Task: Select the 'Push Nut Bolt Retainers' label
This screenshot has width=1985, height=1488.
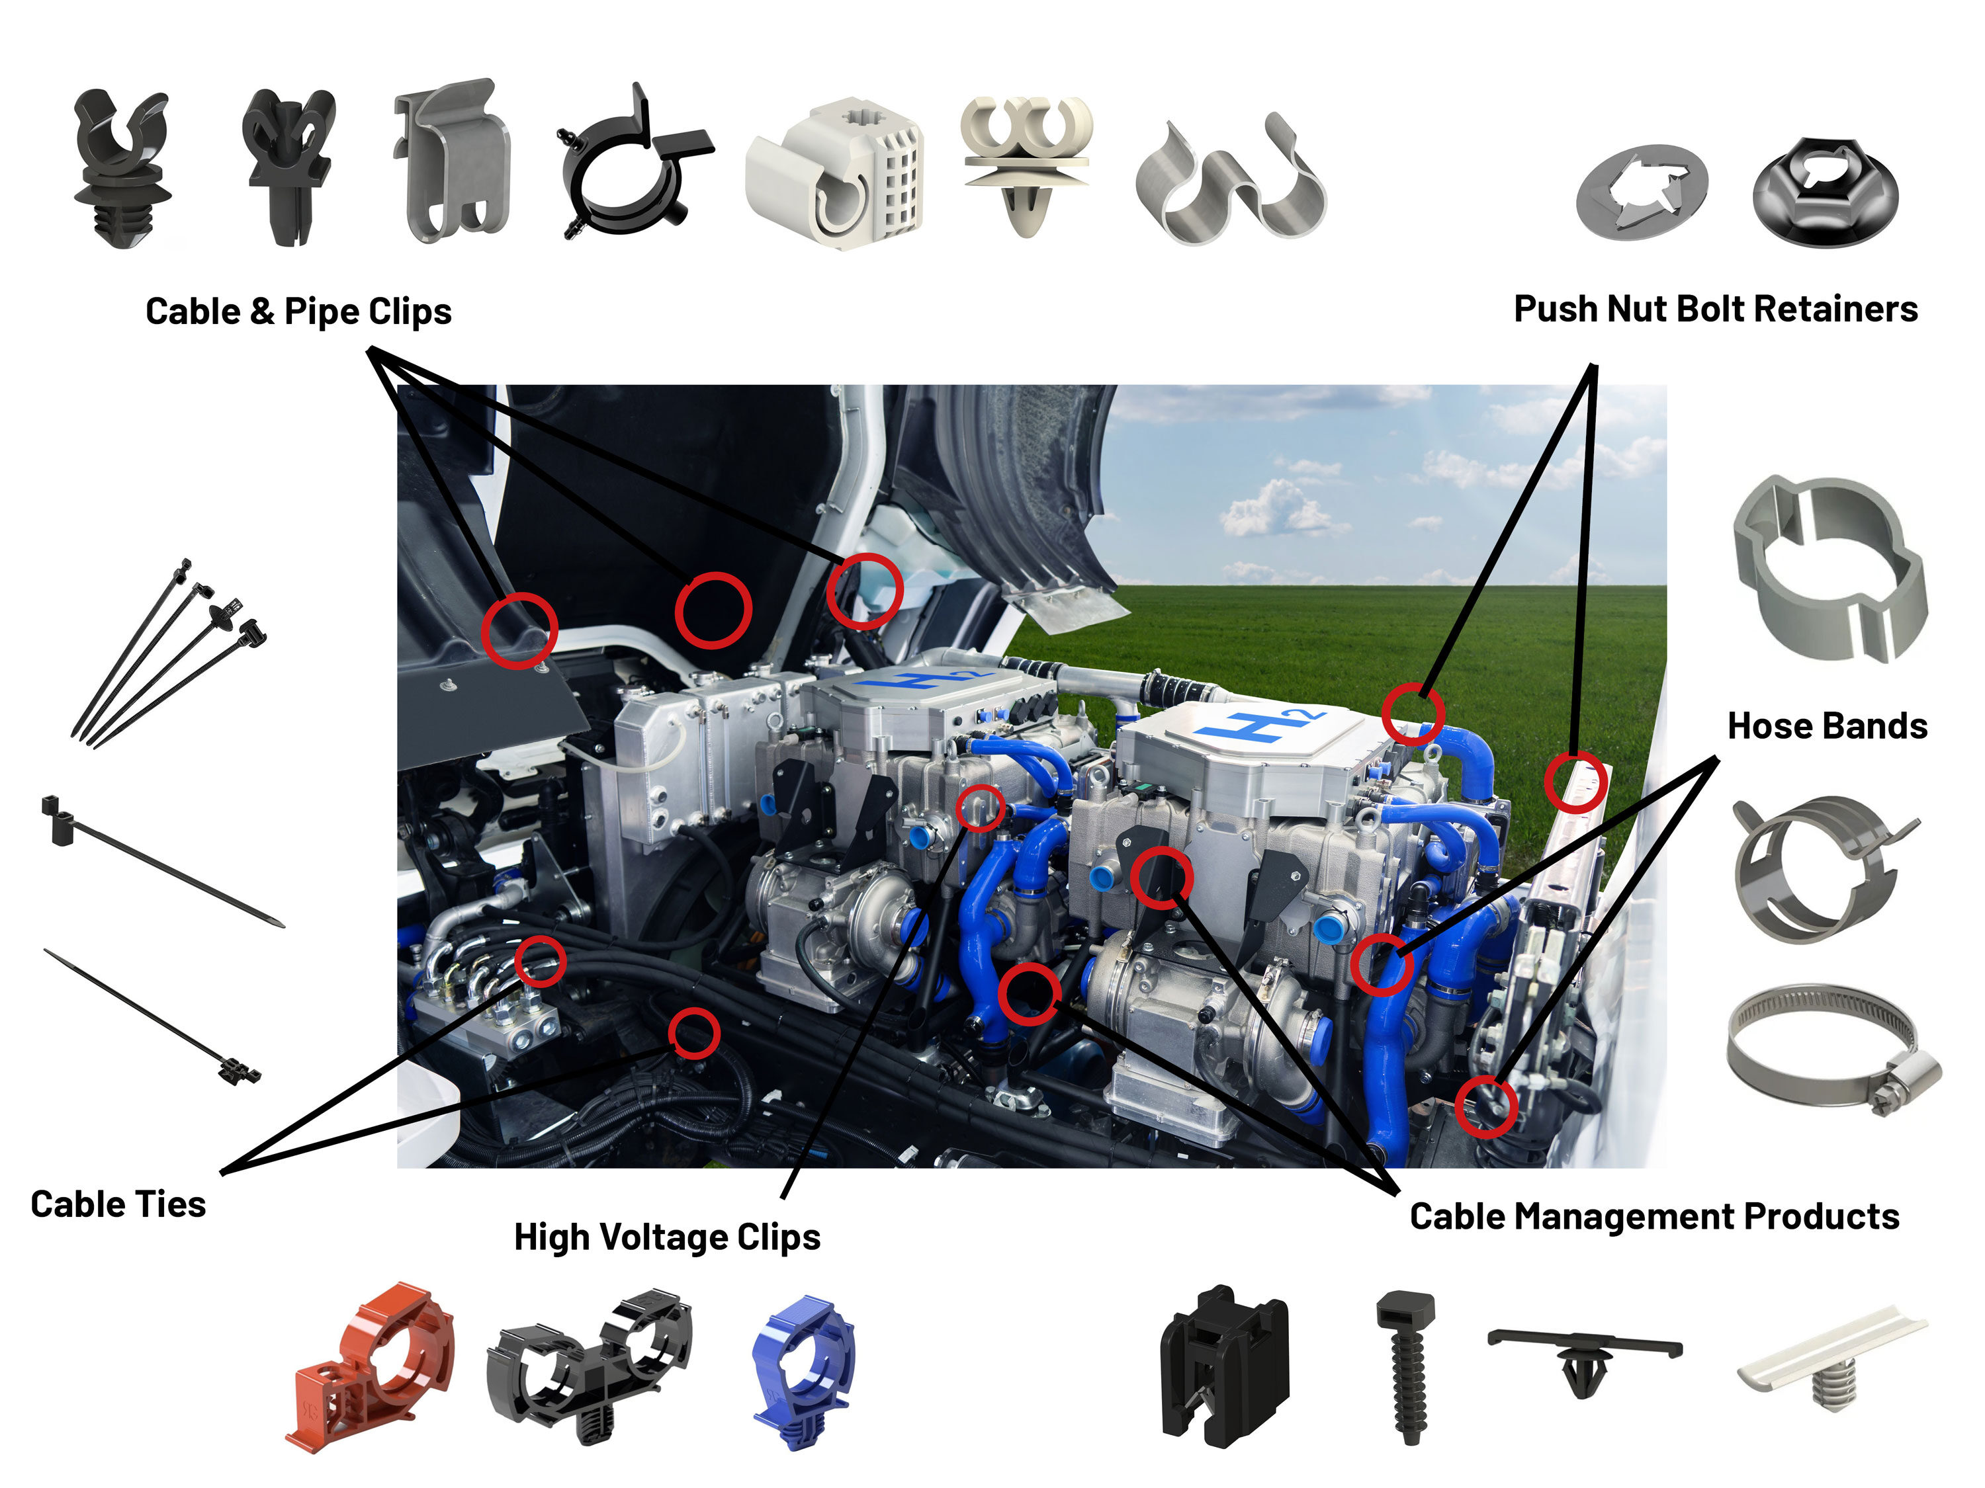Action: tap(1715, 309)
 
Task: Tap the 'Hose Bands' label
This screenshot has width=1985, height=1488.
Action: tap(1827, 725)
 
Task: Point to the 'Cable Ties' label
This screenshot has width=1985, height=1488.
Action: tap(118, 1204)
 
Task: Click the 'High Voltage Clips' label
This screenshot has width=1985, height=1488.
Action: tap(667, 1236)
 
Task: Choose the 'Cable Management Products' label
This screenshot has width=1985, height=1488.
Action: tap(1654, 1216)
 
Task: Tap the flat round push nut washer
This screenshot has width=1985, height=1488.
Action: tap(1642, 191)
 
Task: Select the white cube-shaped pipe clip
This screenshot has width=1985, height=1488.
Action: tap(834, 175)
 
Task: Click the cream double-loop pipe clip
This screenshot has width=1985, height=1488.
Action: tap(1025, 161)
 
